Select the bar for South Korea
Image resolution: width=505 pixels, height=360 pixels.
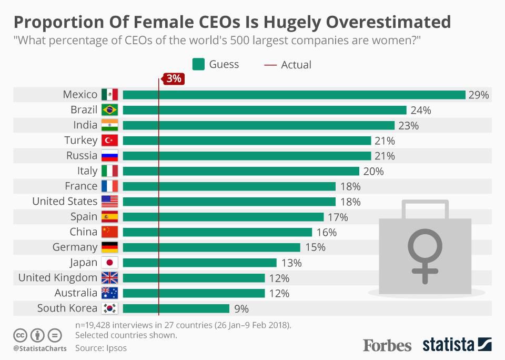(176, 308)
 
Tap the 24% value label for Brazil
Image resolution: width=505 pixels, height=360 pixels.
(421, 111)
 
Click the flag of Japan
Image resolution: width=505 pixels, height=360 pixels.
(109, 263)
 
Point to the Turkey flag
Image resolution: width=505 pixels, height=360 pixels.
(109, 141)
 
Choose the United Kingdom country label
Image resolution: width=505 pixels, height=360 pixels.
(58, 278)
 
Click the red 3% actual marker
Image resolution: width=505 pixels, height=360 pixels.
(173, 79)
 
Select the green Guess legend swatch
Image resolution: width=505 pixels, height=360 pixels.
(198, 65)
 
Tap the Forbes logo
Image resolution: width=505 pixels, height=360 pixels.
(387, 345)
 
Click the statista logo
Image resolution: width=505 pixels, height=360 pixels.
(457, 345)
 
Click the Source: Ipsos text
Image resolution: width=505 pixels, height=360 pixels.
(101, 348)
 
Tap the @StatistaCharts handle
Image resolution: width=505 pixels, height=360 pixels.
(40, 348)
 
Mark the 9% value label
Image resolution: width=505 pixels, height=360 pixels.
(241, 309)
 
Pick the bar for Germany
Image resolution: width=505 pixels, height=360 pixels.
(211, 247)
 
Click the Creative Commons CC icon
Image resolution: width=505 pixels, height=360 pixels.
(21, 335)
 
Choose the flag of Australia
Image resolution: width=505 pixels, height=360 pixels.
(109, 293)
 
